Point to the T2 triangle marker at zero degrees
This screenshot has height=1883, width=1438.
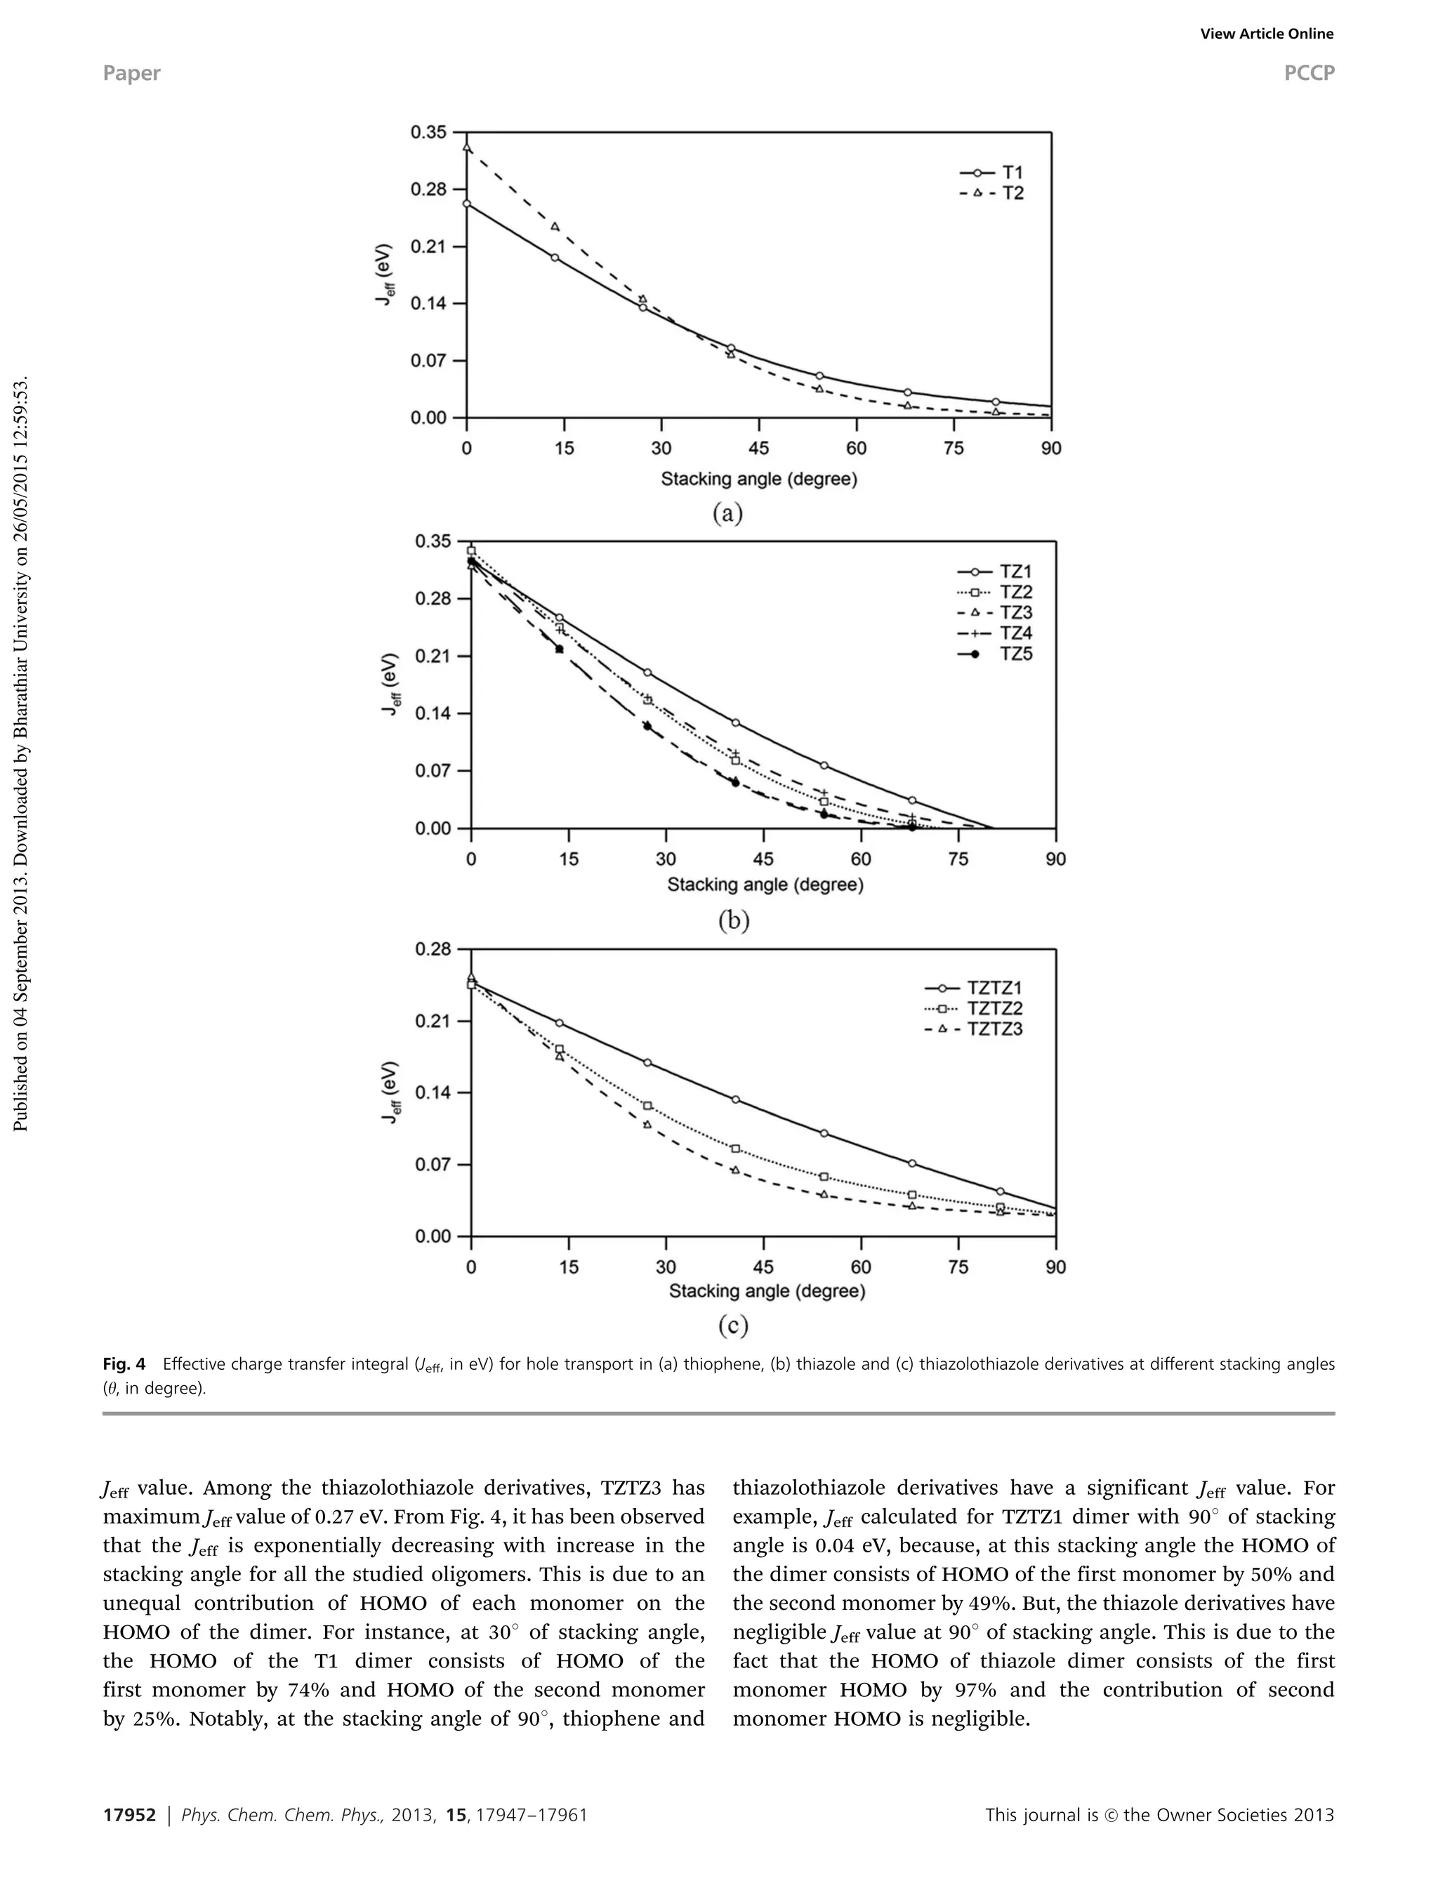[466, 148]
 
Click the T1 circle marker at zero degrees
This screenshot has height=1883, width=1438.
[466, 204]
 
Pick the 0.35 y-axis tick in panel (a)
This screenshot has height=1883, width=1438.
[428, 132]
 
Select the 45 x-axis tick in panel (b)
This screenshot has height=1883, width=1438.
[763, 859]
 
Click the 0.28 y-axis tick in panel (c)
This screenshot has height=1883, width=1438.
[433, 949]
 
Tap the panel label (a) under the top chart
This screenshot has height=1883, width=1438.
[727, 513]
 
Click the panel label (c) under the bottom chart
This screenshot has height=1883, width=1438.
[733, 1326]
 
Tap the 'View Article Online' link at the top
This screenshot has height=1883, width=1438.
[1266, 34]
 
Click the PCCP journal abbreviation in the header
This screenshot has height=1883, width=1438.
[1309, 74]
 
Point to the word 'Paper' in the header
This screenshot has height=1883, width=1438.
[131, 74]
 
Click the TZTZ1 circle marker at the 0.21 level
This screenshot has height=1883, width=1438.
[559, 1023]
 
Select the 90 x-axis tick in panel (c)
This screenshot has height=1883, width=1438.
[1055, 1267]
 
